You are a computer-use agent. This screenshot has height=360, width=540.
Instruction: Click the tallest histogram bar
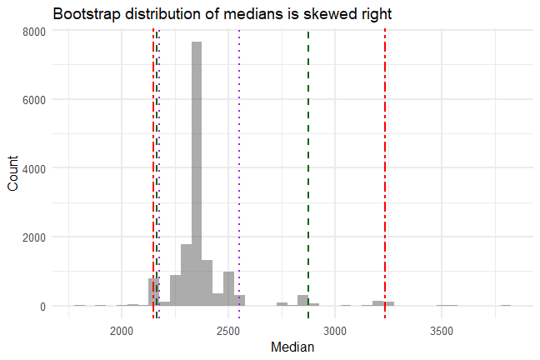[x=197, y=175]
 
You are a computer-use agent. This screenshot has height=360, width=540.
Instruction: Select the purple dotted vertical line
[x=239, y=167]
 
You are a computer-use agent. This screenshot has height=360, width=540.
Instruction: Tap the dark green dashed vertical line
[x=308, y=167]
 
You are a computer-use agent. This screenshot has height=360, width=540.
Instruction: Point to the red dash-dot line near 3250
[x=385, y=167]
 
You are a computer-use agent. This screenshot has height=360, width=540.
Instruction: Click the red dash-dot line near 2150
[x=153, y=167]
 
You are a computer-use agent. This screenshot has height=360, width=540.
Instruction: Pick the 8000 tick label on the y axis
[x=34, y=31]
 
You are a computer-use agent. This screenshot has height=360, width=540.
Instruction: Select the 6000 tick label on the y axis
[x=34, y=100]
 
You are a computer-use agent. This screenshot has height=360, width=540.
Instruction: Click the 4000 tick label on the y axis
[x=34, y=168]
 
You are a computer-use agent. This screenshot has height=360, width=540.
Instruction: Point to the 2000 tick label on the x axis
[x=122, y=329]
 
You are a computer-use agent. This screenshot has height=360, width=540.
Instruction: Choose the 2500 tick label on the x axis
[x=229, y=329]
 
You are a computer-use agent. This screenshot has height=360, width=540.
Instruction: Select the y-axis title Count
[x=12, y=173]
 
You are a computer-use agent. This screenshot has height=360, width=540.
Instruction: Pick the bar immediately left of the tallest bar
[x=186, y=275]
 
